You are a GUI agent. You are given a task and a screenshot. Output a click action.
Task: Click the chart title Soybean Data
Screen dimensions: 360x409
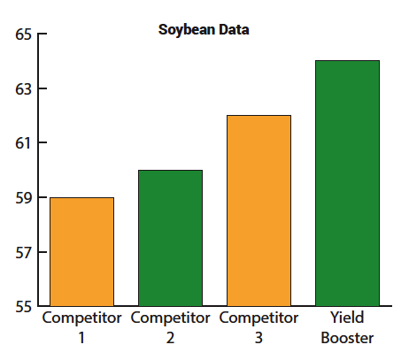coord(204,29)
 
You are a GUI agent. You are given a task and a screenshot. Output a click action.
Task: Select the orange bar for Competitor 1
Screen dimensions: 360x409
coord(82,252)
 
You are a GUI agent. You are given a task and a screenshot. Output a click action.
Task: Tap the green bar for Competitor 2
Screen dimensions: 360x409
coord(171,239)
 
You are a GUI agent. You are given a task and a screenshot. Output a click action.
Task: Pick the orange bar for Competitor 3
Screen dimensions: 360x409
coord(259,211)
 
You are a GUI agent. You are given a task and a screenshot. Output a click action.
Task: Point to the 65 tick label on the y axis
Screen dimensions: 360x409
coord(22,35)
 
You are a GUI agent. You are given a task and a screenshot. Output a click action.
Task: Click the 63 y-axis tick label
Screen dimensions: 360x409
coord(22,89)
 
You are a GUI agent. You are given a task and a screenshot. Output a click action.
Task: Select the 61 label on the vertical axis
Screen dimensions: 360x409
coord(22,143)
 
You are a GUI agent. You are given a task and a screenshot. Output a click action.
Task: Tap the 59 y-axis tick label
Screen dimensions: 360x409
coord(22,198)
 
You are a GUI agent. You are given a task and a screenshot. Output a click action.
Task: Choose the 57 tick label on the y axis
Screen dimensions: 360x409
coord(22,253)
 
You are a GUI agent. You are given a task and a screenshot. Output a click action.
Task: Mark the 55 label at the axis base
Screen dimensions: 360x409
coord(22,307)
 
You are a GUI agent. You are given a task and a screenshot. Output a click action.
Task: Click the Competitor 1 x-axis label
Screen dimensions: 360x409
coord(81,327)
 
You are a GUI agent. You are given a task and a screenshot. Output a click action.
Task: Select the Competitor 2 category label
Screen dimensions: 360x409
coord(170,327)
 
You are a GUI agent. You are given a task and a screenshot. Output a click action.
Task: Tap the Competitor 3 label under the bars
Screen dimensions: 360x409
coord(259,327)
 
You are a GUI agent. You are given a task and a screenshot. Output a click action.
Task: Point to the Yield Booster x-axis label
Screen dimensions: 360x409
coord(348,327)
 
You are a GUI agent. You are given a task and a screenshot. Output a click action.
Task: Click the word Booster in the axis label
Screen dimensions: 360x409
coord(348,338)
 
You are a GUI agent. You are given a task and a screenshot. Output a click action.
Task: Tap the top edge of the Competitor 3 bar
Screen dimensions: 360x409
coord(259,116)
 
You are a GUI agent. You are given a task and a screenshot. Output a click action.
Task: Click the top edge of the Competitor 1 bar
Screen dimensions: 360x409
coord(82,198)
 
